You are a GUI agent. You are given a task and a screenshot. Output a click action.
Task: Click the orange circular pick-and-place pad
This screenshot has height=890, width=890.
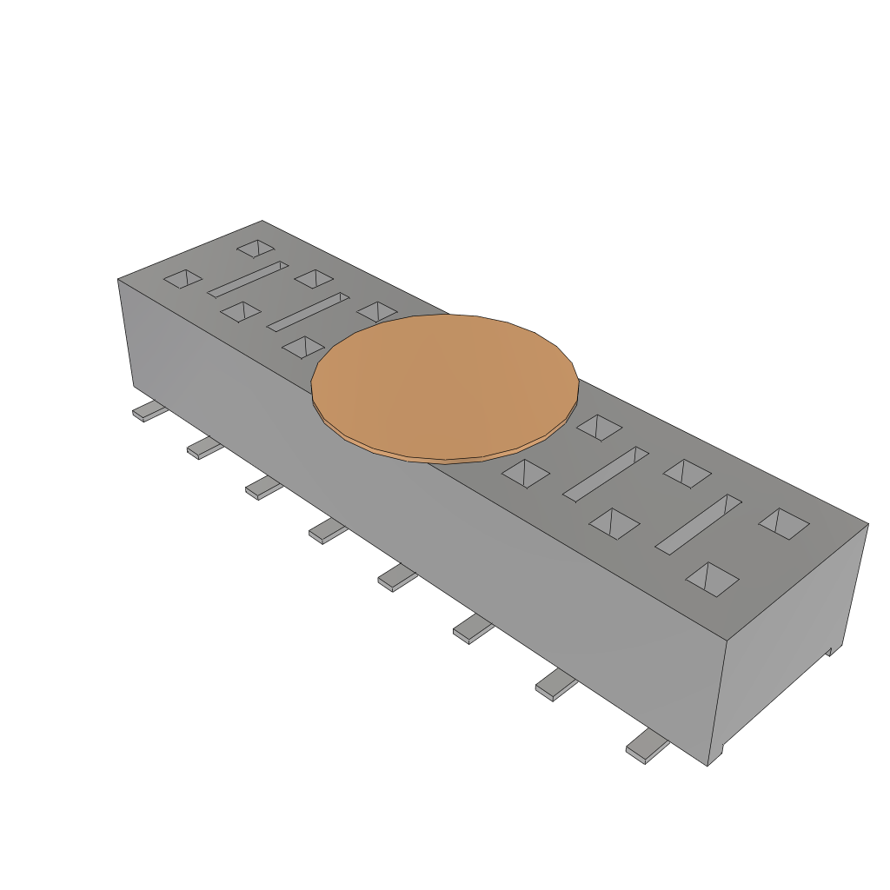(x=445, y=386)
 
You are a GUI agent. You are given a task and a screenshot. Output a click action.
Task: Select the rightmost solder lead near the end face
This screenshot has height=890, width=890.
(x=648, y=746)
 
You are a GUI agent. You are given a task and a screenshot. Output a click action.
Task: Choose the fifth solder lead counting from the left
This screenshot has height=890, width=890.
(x=396, y=577)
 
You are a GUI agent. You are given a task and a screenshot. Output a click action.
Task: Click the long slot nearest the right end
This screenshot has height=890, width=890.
(x=698, y=524)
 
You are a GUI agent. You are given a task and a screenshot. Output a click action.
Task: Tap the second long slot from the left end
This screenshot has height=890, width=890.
(x=309, y=312)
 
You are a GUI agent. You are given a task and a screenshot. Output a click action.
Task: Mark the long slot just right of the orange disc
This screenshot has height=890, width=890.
(x=606, y=474)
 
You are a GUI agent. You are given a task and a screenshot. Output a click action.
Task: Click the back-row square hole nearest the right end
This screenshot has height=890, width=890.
(x=784, y=521)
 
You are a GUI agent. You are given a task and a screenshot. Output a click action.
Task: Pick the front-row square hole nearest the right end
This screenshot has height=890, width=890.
(x=713, y=579)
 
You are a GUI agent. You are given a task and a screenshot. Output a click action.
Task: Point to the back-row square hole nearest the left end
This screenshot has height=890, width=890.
(x=256, y=249)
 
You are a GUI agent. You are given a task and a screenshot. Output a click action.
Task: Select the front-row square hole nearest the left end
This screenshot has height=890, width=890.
(x=183, y=278)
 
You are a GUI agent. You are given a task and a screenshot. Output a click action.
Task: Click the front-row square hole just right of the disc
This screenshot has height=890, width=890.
(x=526, y=474)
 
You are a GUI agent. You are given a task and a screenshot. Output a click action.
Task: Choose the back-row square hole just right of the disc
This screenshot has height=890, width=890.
(x=599, y=427)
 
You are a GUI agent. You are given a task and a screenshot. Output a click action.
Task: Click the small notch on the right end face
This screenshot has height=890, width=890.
(x=830, y=650)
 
